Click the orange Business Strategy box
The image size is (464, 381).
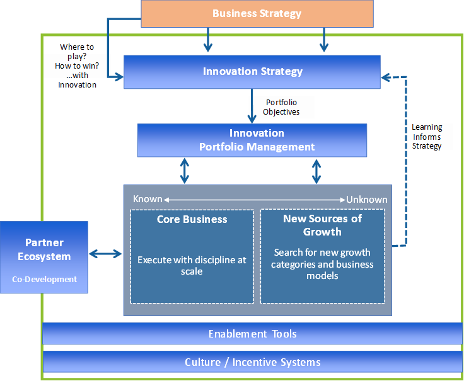[257, 14]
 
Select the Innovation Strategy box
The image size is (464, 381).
[252, 72]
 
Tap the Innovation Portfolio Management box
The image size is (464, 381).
[252, 140]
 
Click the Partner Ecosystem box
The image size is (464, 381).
[44, 257]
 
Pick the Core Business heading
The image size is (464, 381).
[192, 219]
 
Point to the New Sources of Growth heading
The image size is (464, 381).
[322, 225]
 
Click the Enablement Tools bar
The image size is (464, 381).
[252, 333]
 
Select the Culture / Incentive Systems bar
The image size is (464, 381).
[253, 361]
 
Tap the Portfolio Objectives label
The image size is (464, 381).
[281, 107]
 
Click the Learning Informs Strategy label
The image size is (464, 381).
[427, 137]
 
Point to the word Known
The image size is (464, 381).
[148, 199]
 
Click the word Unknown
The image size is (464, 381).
[367, 200]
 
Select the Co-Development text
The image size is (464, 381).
[44, 280]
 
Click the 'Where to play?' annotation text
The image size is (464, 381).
[77, 52]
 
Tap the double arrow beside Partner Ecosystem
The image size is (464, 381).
[105, 254]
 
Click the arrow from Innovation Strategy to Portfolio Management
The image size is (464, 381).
[252, 106]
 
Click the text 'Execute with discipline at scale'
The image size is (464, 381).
[192, 265]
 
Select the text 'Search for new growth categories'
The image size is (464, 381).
[322, 258]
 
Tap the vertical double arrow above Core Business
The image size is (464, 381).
[185, 171]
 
